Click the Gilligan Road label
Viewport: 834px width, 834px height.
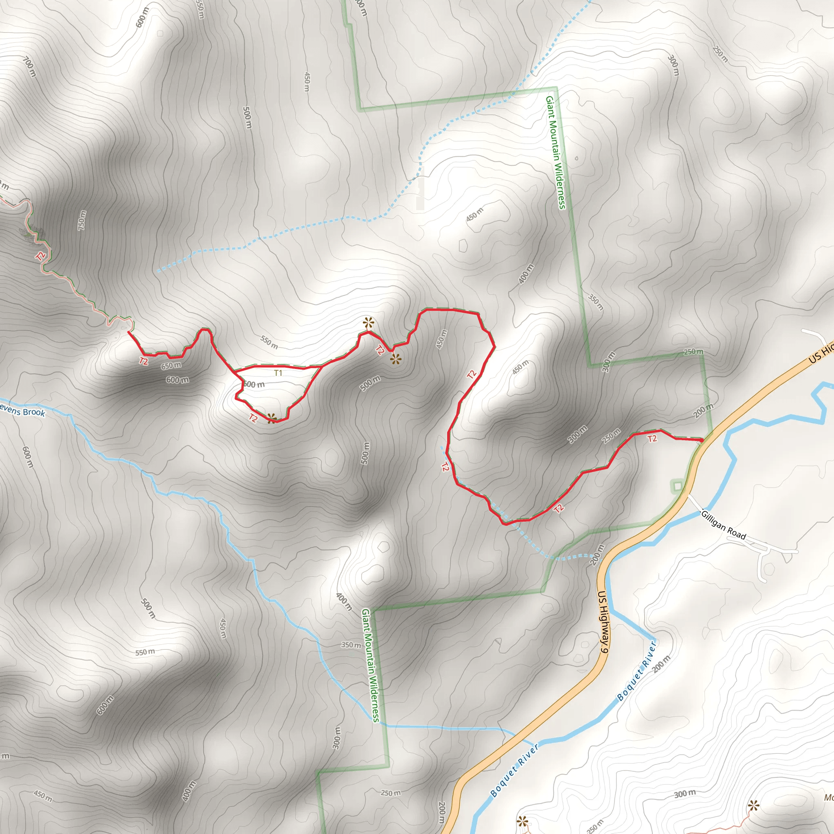[x=723, y=525]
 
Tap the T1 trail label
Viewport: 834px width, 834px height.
[x=278, y=373]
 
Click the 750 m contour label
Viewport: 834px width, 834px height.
[x=81, y=220]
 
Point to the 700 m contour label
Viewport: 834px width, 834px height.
[x=29, y=68]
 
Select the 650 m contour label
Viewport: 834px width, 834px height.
[x=171, y=366]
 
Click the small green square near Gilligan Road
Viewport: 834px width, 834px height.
[x=677, y=487]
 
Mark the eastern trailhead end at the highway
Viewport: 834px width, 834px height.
[x=701, y=440]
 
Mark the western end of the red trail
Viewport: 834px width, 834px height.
[x=128, y=331]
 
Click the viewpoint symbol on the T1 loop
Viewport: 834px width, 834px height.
[x=272, y=418]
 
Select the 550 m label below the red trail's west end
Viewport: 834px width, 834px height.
[x=269, y=342]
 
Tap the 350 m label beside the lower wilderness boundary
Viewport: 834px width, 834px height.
[x=351, y=645]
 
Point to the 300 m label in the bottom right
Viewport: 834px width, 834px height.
[x=685, y=793]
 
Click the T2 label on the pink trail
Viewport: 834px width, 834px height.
[x=41, y=256]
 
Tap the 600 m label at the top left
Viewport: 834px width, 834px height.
[x=142, y=17]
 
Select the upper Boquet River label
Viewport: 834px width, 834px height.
[x=637, y=671]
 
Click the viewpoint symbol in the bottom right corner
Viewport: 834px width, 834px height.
[x=754, y=805]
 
